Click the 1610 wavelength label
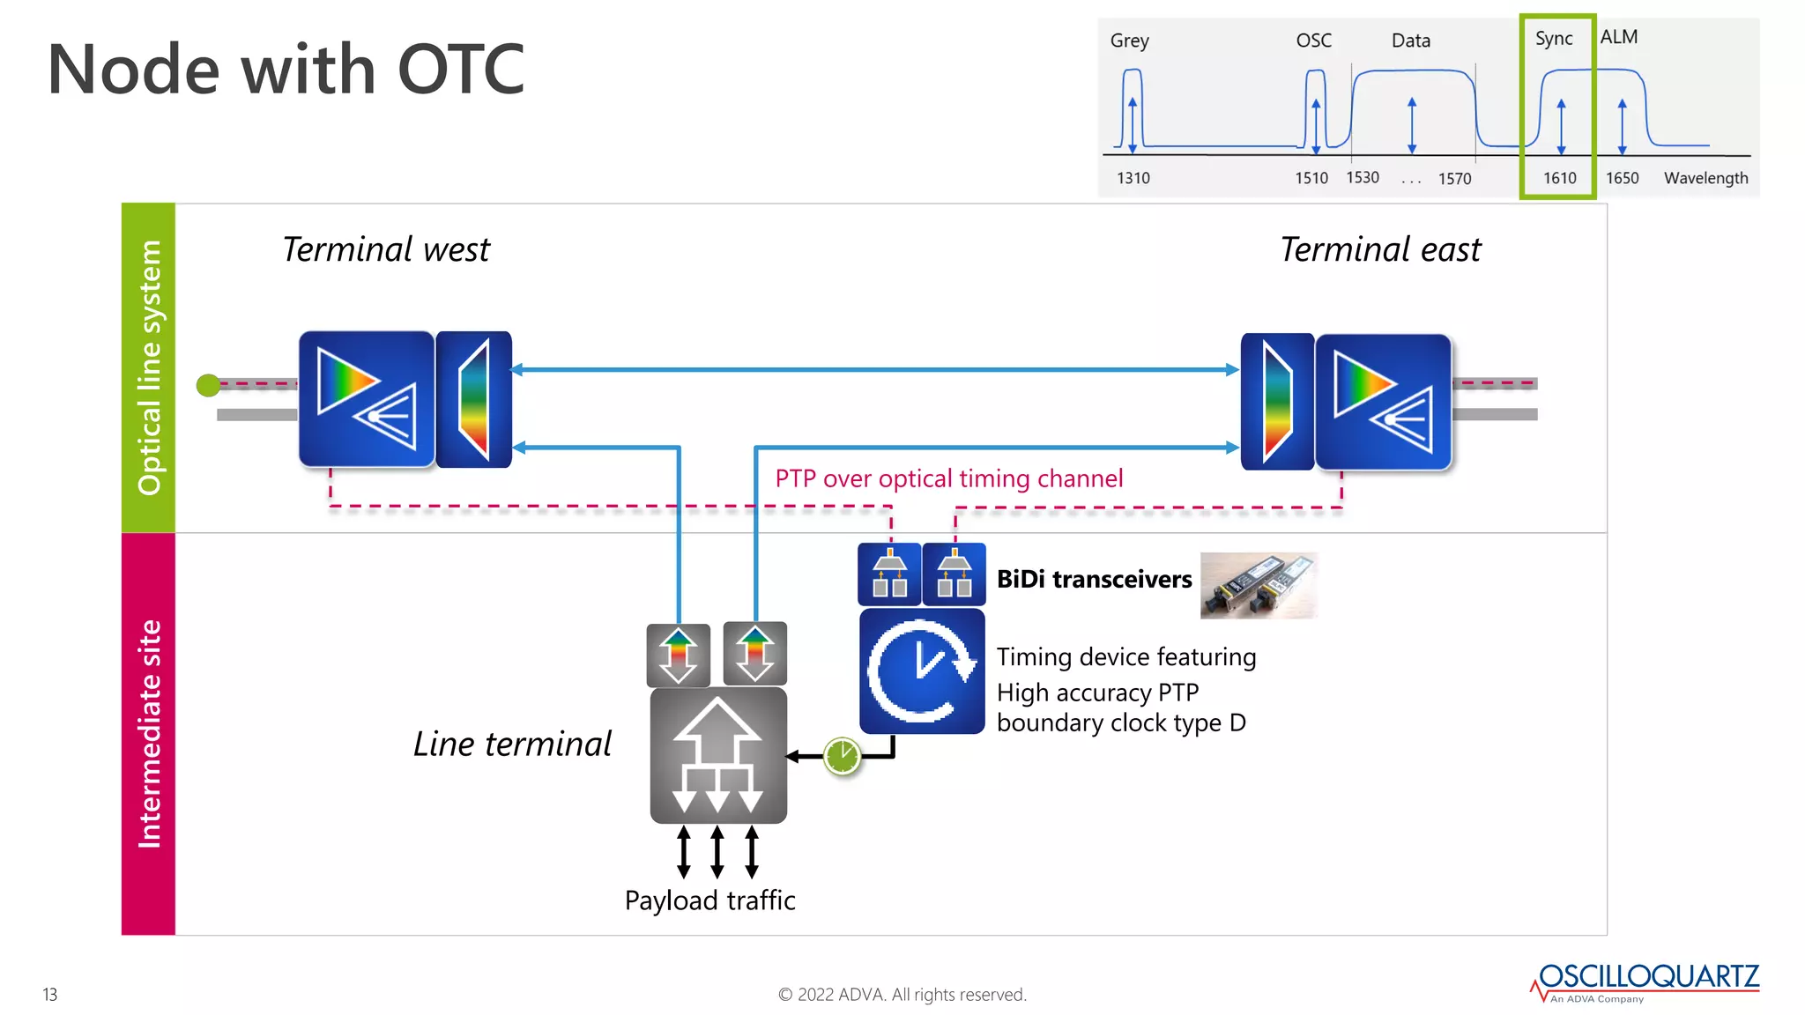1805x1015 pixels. pyautogui.click(x=1559, y=178)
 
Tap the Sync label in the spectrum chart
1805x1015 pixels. pyautogui.click(x=1553, y=39)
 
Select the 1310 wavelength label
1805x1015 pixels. pyautogui.click(x=1133, y=178)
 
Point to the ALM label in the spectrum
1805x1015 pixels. pyautogui.click(x=1619, y=37)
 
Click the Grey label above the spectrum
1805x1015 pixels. pyautogui.click(x=1129, y=41)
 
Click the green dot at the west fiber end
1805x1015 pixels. pyautogui.click(x=208, y=385)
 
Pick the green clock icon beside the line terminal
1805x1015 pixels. pyautogui.click(x=842, y=756)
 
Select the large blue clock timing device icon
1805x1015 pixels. pyautogui.click(x=922, y=671)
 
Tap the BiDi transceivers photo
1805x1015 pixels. pyautogui.click(x=1259, y=585)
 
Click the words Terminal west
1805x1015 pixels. pyautogui.click(x=385, y=249)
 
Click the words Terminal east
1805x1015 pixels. pyautogui.click(x=1380, y=249)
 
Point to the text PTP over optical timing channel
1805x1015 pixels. pyautogui.click(x=949, y=478)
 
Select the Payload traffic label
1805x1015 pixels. pyautogui.click(x=709, y=900)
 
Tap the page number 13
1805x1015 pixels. pyautogui.click(x=50, y=995)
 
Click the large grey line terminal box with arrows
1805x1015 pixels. pyautogui.click(x=718, y=756)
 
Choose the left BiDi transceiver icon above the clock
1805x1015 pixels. pyautogui.click(x=889, y=574)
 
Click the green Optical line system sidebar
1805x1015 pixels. pyautogui.click(x=148, y=367)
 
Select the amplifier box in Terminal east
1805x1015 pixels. pyautogui.click(x=1383, y=402)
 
